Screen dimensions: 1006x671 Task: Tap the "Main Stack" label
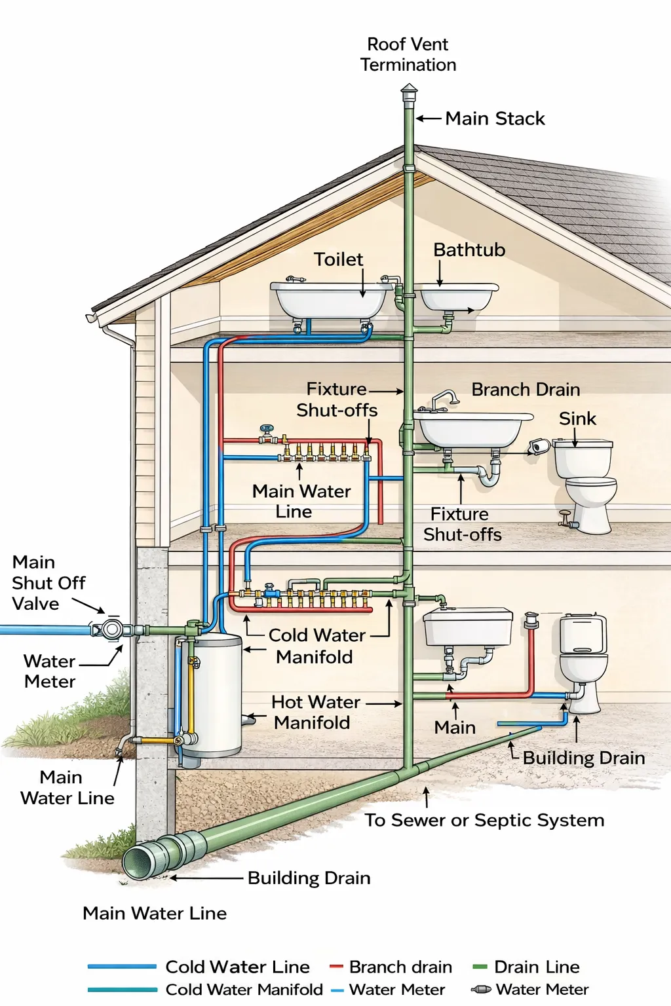pos(495,119)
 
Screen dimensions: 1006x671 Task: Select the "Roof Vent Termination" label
pos(408,54)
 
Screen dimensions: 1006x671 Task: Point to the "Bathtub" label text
pos(469,250)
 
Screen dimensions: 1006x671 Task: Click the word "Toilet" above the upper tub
pos(338,259)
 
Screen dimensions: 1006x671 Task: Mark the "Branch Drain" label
pos(526,390)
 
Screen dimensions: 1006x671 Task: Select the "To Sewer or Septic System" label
pos(484,820)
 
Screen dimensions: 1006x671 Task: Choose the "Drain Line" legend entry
pos(536,967)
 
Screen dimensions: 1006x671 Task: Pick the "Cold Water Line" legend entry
pos(237,967)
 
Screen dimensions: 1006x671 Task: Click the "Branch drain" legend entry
pos(400,967)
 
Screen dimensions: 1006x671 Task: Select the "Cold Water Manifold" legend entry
pos(244,989)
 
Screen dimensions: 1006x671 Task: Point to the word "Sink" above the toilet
pos(577,419)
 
